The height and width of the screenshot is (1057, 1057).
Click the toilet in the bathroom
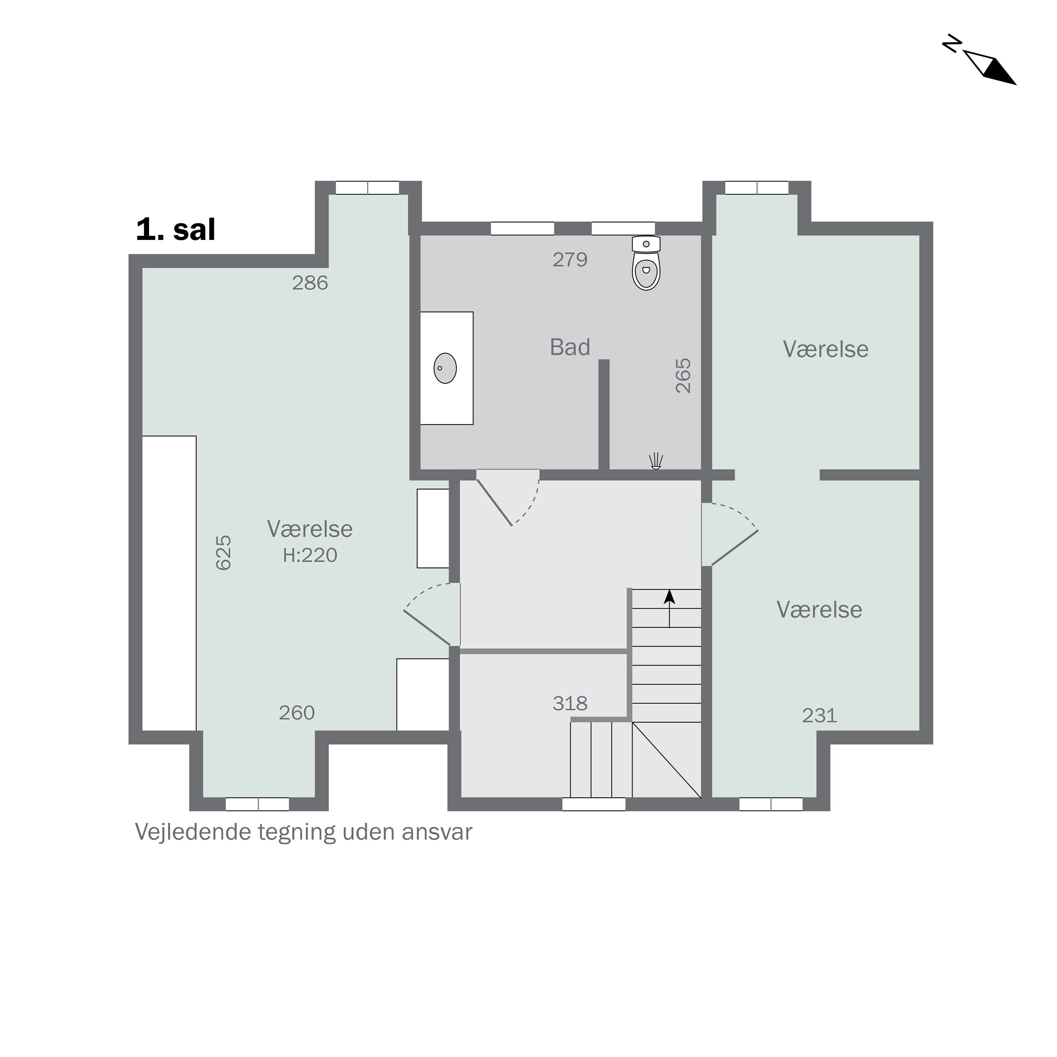(x=646, y=264)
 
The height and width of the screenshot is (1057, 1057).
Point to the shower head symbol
(x=655, y=461)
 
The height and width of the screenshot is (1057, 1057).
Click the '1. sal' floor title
(x=175, y=230)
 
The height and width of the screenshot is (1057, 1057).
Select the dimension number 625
(x=224, y=552)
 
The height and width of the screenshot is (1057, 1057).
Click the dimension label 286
(x=310, y=283)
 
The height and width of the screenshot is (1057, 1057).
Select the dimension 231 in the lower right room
(x=819, y=716)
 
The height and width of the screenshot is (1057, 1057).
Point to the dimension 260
(x=297, y=713)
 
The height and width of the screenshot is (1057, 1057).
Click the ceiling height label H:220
(x=310, y=555)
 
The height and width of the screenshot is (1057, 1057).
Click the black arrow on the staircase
(x=669, y=598)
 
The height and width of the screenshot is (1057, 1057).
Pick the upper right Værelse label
(x=825, y=349)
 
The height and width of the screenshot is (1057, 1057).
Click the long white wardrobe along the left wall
(x=169, y=583)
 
